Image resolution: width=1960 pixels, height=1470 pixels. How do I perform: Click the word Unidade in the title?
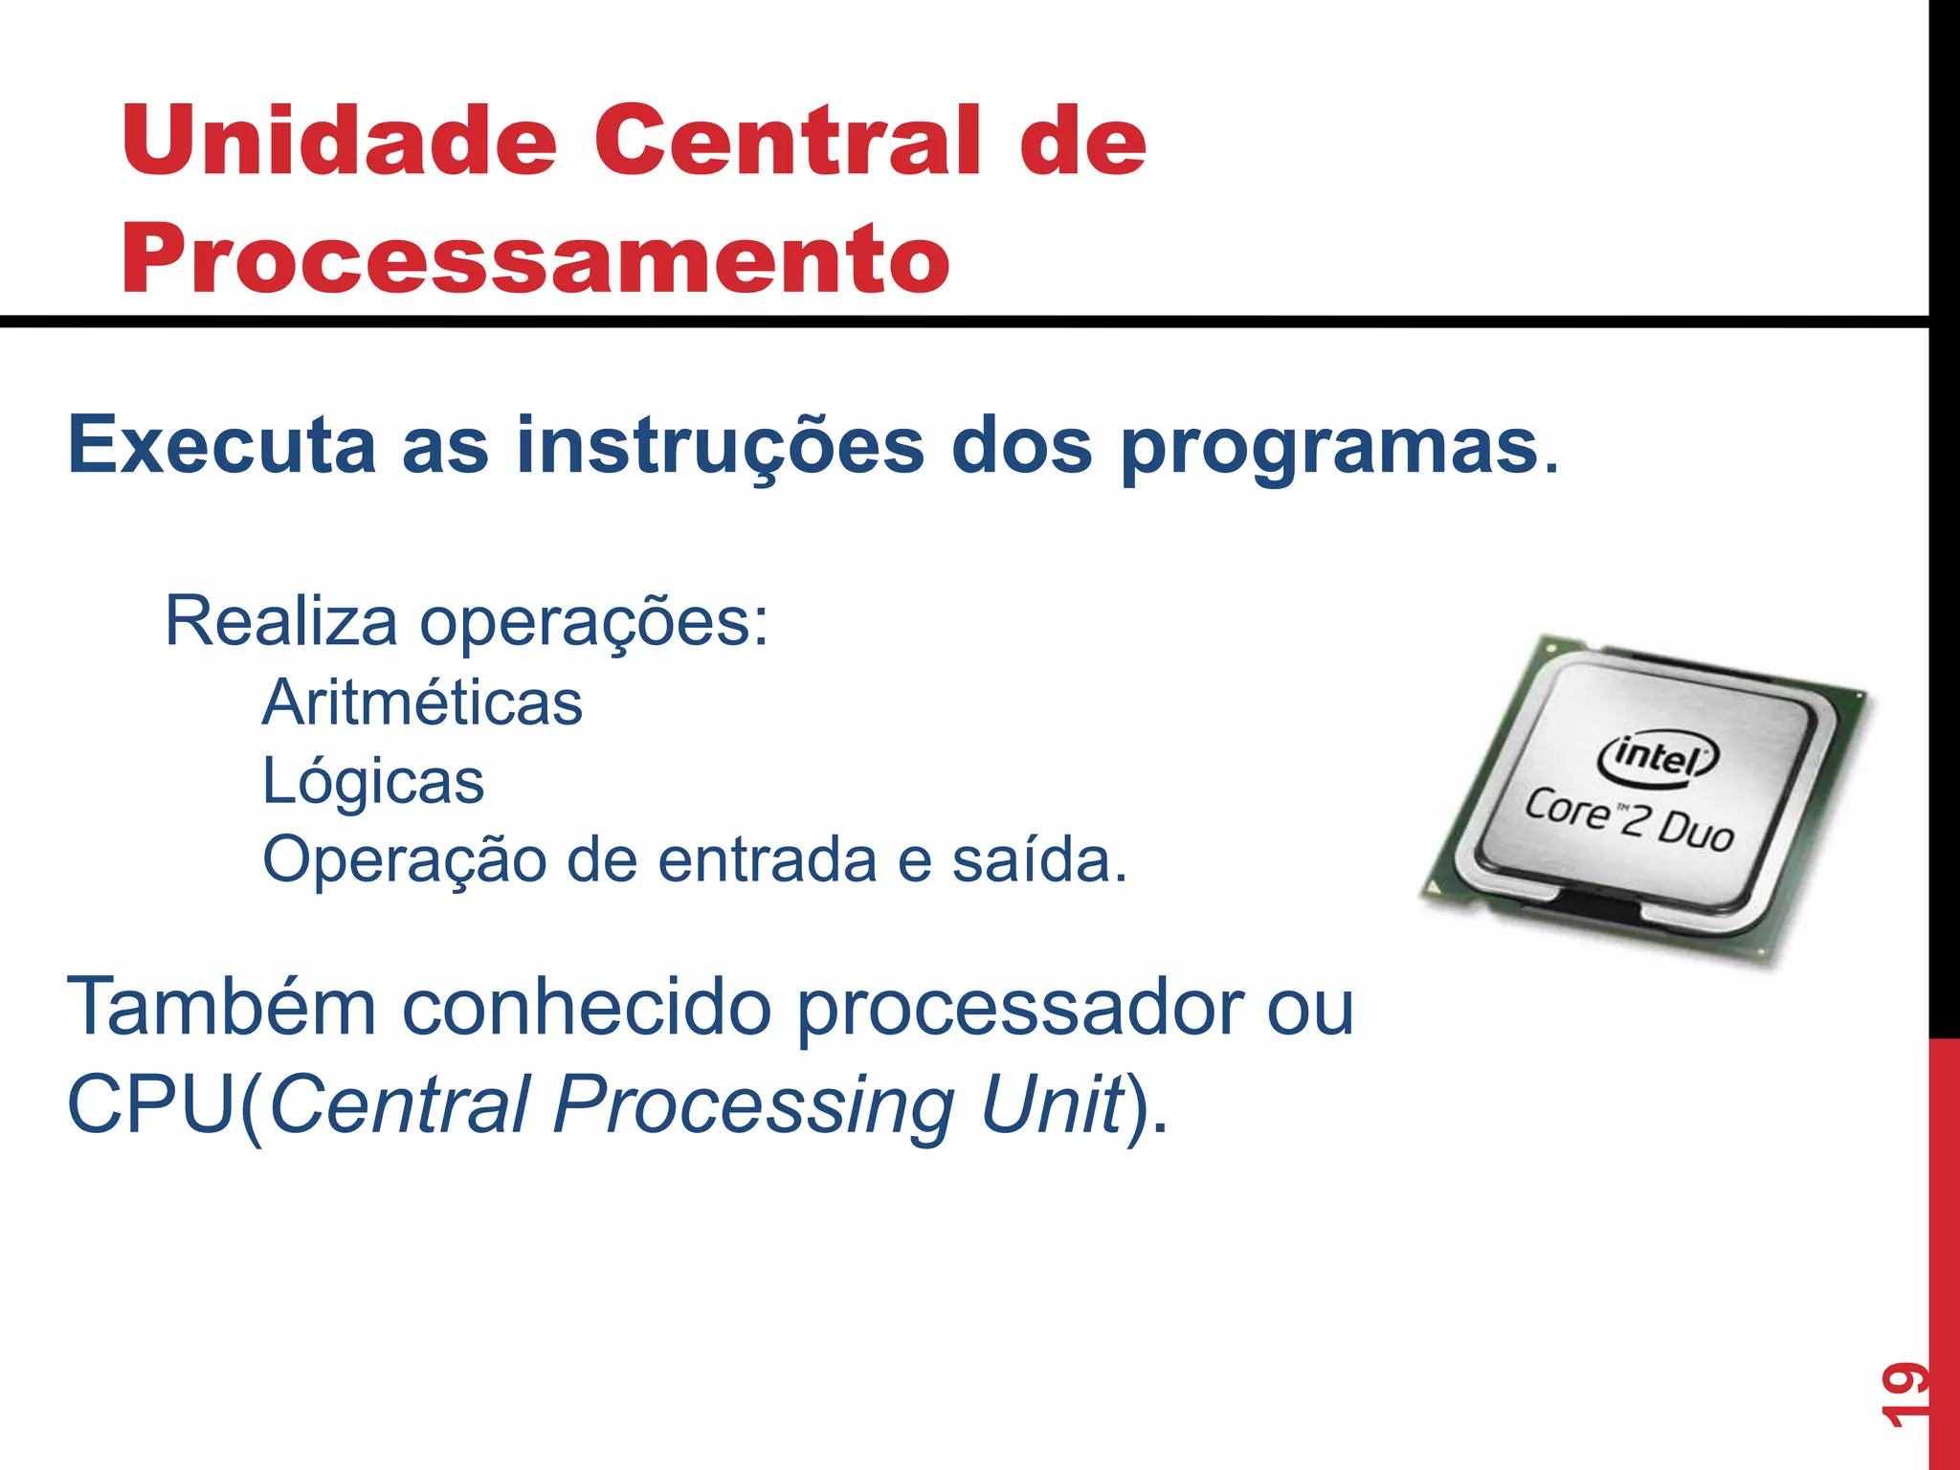(x=339, y=141)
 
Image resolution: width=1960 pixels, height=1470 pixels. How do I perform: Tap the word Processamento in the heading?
(x=536, y=257)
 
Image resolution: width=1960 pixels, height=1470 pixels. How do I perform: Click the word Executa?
(x=222, y=445)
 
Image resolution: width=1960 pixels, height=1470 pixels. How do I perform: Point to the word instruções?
(x=720, y=445)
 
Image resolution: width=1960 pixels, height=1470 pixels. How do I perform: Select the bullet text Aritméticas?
(x=422, y=702)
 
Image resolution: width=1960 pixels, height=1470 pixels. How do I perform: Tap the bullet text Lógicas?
(x=373, y=781)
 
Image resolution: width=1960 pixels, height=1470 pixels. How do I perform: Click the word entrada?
(x=767, y=859)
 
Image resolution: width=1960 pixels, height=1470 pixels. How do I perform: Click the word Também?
(x=222, y=1007)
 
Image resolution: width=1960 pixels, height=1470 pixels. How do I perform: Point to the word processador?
(x=1020, y=1009)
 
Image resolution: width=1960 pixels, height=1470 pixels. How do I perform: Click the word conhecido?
(x=586, y=1007)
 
